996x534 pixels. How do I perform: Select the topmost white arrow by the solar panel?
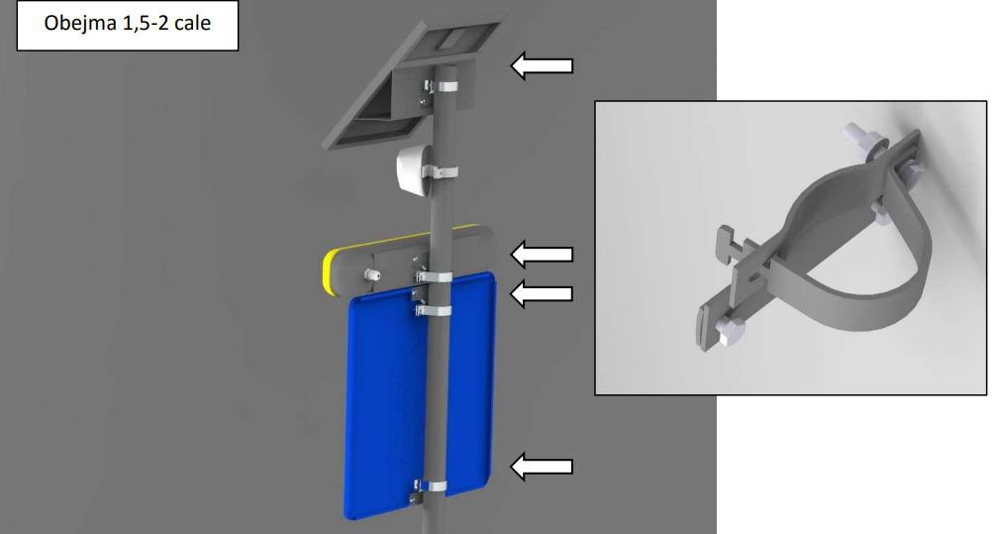(542, 65)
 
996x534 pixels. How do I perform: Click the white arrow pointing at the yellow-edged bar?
(542, 255)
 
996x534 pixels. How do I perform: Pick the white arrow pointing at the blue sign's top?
(542, 293)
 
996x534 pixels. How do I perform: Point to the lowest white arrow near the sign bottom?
(542, 466)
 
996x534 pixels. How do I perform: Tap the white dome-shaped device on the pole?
(413, 167)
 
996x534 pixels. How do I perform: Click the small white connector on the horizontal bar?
(370, 275)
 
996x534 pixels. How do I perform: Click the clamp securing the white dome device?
(440, 171)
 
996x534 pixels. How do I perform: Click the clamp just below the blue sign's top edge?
(434, 311)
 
